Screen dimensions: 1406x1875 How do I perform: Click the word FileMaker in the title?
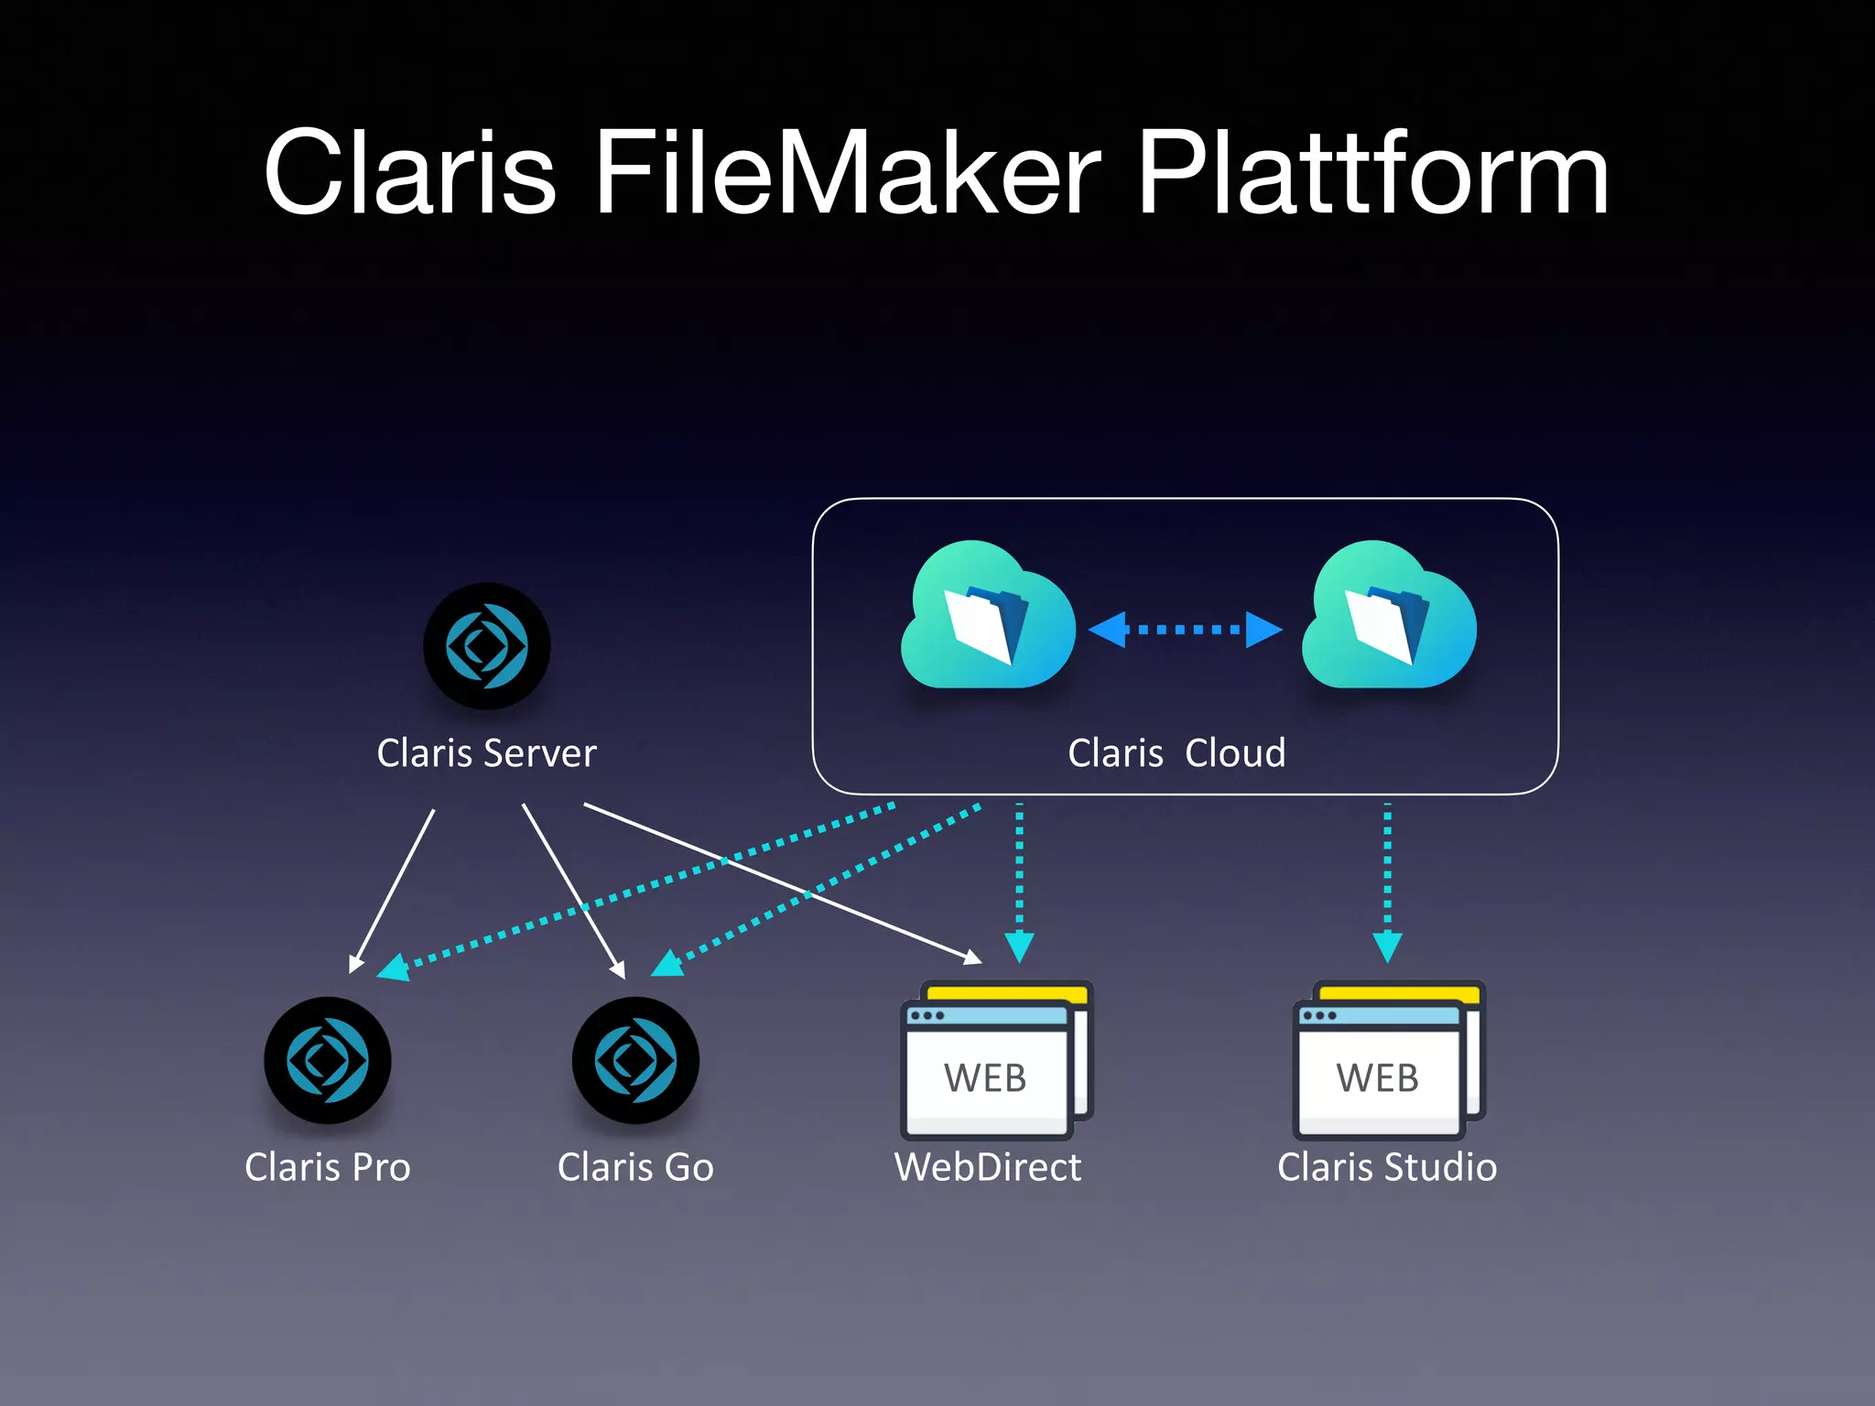tap(847, 174)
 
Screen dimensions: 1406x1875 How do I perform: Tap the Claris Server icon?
tap(486, 646)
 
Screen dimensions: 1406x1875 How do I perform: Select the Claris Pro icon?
tap(327, 1060)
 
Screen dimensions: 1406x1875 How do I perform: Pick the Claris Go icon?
tap(635, 1060)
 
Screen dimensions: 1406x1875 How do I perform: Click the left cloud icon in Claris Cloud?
tap(987, 618)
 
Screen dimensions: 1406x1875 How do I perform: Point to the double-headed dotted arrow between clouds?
tap(1185, 630)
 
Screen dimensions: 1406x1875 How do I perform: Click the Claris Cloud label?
tap(1176, 753)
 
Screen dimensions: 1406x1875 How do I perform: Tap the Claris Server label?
tap(486, 753)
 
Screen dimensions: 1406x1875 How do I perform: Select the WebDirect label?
tap(987, 1167)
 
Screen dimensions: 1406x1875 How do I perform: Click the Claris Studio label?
tap(1387, 1167)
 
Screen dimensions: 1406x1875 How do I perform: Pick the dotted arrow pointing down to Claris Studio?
tap(1387, 879)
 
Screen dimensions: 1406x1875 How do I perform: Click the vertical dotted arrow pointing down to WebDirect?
tap(1019, 879)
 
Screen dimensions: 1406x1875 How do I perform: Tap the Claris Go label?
tap(635, 1167)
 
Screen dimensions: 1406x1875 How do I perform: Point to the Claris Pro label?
tap(327, 1167)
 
